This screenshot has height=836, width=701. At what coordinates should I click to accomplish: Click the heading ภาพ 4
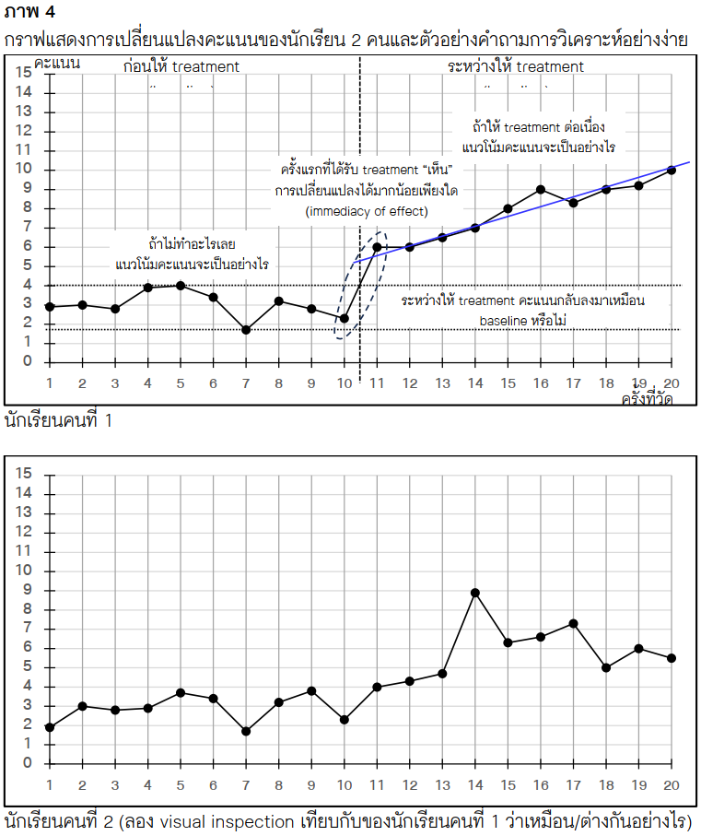29,11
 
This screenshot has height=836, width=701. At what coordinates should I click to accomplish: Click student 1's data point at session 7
246,329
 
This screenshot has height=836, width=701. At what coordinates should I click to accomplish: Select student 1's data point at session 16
541,189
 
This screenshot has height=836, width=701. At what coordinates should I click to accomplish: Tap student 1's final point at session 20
672,170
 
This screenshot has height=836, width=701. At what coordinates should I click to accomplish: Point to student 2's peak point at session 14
475,592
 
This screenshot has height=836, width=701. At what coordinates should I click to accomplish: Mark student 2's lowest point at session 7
246,731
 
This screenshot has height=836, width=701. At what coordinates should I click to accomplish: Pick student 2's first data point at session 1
49,727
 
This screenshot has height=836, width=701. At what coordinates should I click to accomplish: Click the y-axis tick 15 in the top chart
23,73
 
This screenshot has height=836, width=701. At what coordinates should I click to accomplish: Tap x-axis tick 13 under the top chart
442,383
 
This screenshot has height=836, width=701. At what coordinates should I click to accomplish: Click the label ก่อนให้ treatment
181,66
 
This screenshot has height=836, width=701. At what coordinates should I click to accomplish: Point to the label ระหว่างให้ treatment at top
516,66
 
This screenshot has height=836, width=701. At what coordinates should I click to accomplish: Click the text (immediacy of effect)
367,211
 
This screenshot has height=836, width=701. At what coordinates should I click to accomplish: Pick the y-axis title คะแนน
57,63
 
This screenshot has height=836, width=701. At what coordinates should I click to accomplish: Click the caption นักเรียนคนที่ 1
58,421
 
